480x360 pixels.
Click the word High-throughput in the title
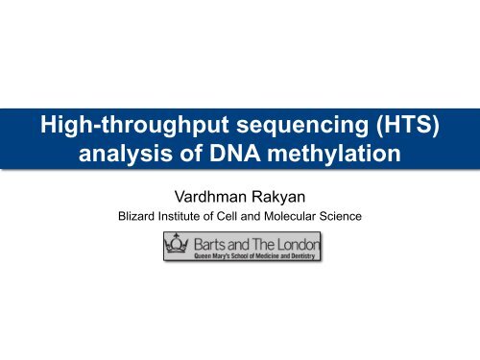[134, 125]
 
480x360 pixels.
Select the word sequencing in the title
[302, 126]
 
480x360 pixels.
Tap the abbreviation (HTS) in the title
[408, 125]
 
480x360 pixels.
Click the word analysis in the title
[126, 154]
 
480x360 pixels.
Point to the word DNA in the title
[235, 153]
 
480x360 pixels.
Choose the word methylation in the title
[334, 154]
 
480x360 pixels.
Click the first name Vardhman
[211, 197]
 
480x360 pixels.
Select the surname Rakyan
[278, 198]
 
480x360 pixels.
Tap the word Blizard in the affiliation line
[136, 216]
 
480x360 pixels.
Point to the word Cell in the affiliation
[227, 216]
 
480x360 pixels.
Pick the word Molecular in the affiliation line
[290, 216]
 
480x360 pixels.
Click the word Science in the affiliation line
[341, 216]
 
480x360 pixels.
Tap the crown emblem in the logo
[177, 244]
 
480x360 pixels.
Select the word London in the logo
[299, 245]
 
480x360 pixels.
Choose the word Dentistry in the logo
[302, 256]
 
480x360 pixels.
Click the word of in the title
[191, 153]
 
